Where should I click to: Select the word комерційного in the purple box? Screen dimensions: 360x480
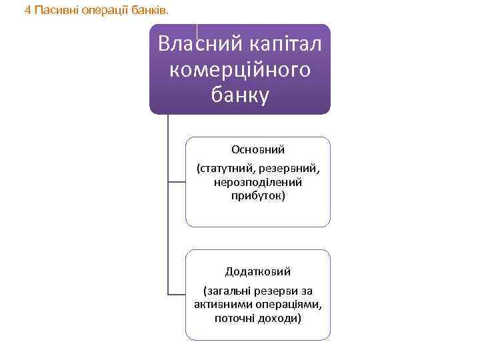pos(241,69)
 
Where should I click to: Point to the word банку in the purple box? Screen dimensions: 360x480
pos(241,95)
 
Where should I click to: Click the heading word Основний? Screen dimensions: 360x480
pos(258,149)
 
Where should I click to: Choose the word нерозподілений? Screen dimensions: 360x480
pos(258,181)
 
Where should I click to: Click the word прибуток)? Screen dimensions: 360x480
pos(258,196)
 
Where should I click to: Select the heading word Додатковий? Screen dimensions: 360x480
pos(258,271)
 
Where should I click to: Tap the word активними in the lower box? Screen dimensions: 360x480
pos(223,305)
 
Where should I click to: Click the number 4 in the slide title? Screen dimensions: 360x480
pos(27,10)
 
